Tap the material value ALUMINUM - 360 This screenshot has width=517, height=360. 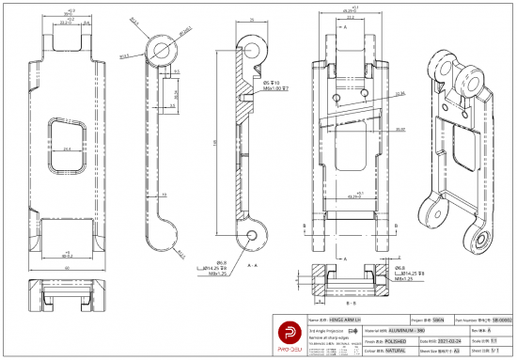click(352, 330)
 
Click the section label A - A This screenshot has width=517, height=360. click(251, 266)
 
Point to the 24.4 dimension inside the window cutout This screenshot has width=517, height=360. click(66, 149)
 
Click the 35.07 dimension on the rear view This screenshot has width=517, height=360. click(399, 129)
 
